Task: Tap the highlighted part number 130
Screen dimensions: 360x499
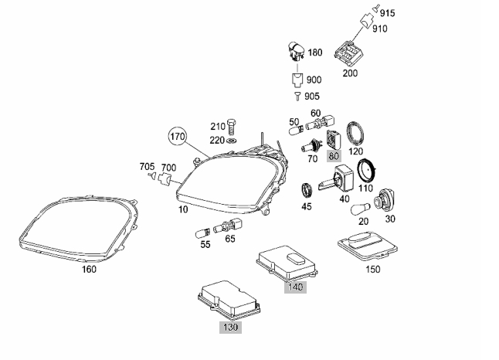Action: click(x=229, y=328)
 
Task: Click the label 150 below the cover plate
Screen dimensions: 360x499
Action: click(x=373, y=270)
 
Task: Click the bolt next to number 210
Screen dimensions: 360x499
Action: click(x=235, y=127)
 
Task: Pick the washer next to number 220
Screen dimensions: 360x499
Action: click(x=236, y=141)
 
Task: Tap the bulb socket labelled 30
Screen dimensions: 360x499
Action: click(x=381, y=203)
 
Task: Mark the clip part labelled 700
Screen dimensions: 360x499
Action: click(x=162, y=180)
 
